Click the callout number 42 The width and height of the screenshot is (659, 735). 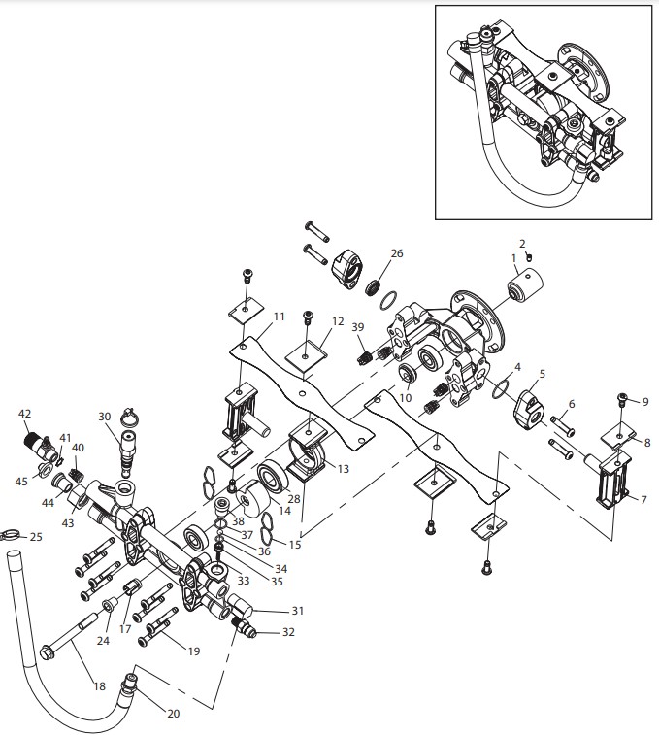point(25,414)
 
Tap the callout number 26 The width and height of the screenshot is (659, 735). point(396,253)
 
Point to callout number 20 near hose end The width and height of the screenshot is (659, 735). point(174,713)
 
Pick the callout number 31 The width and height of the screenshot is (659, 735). point(298,611)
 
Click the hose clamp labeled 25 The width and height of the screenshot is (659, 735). point(11,532)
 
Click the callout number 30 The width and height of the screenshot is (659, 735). point(105,417)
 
